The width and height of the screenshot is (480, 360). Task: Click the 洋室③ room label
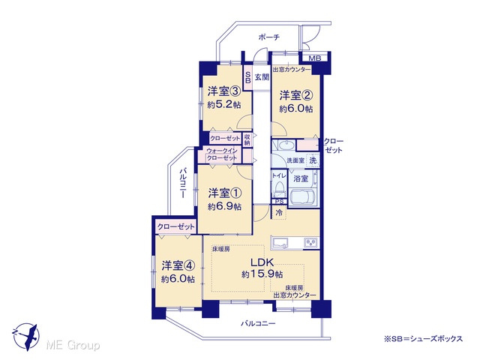coord(223,91)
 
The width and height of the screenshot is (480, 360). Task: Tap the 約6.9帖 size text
coord(225,207)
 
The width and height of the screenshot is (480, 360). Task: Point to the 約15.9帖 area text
coord(262,274)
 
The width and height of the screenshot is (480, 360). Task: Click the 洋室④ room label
coord(178,265)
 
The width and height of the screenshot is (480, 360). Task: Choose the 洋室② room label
coord(295,95)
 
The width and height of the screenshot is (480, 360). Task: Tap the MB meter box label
coord(314,58)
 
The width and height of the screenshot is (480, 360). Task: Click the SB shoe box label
coord(247,77)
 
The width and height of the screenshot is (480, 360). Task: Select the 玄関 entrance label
coord(262,77)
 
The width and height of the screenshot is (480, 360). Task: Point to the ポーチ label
coord(269,37)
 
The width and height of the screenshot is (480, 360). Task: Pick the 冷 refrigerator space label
coord(279,212)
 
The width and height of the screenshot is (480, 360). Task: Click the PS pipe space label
coord(279,202)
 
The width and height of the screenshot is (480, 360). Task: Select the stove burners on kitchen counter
coord(311,242)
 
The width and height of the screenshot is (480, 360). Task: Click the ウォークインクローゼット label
coord(222,154)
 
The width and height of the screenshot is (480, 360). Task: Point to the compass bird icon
coord(26,337)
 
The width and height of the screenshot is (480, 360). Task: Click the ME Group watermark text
coord(73,345)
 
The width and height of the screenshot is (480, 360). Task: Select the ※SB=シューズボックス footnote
coord(423,339)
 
